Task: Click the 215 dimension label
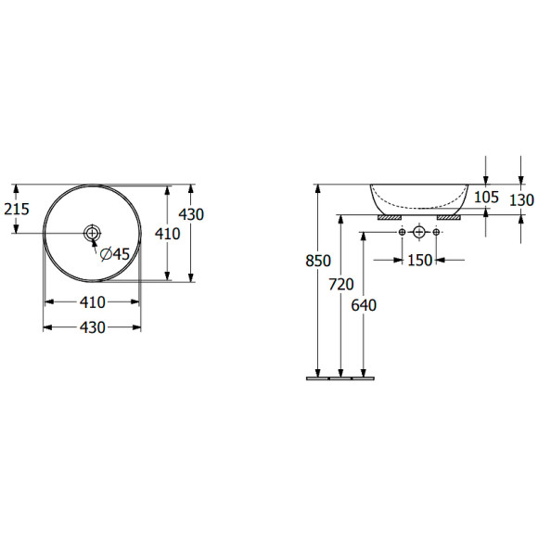pyautogui.click(x=17, y=209)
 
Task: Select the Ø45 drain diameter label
pyautogui.click(x=115, y=254)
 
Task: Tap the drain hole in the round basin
pyautogui.click(x=92, y=234)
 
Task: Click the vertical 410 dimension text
pyautogui.click(x=168, y=234)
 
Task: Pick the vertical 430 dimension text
pyautogui.click(x=191, y=214)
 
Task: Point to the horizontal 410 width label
pyautogui.click(x=93, y=302)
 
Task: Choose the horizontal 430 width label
pyautogui.click(x=93, y=327)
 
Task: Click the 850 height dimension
pyautogui.click(x=318, y=261)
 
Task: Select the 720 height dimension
pyautogui.click(x=341, y=285)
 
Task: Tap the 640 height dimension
pyautogui.click(x=364, y=305)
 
